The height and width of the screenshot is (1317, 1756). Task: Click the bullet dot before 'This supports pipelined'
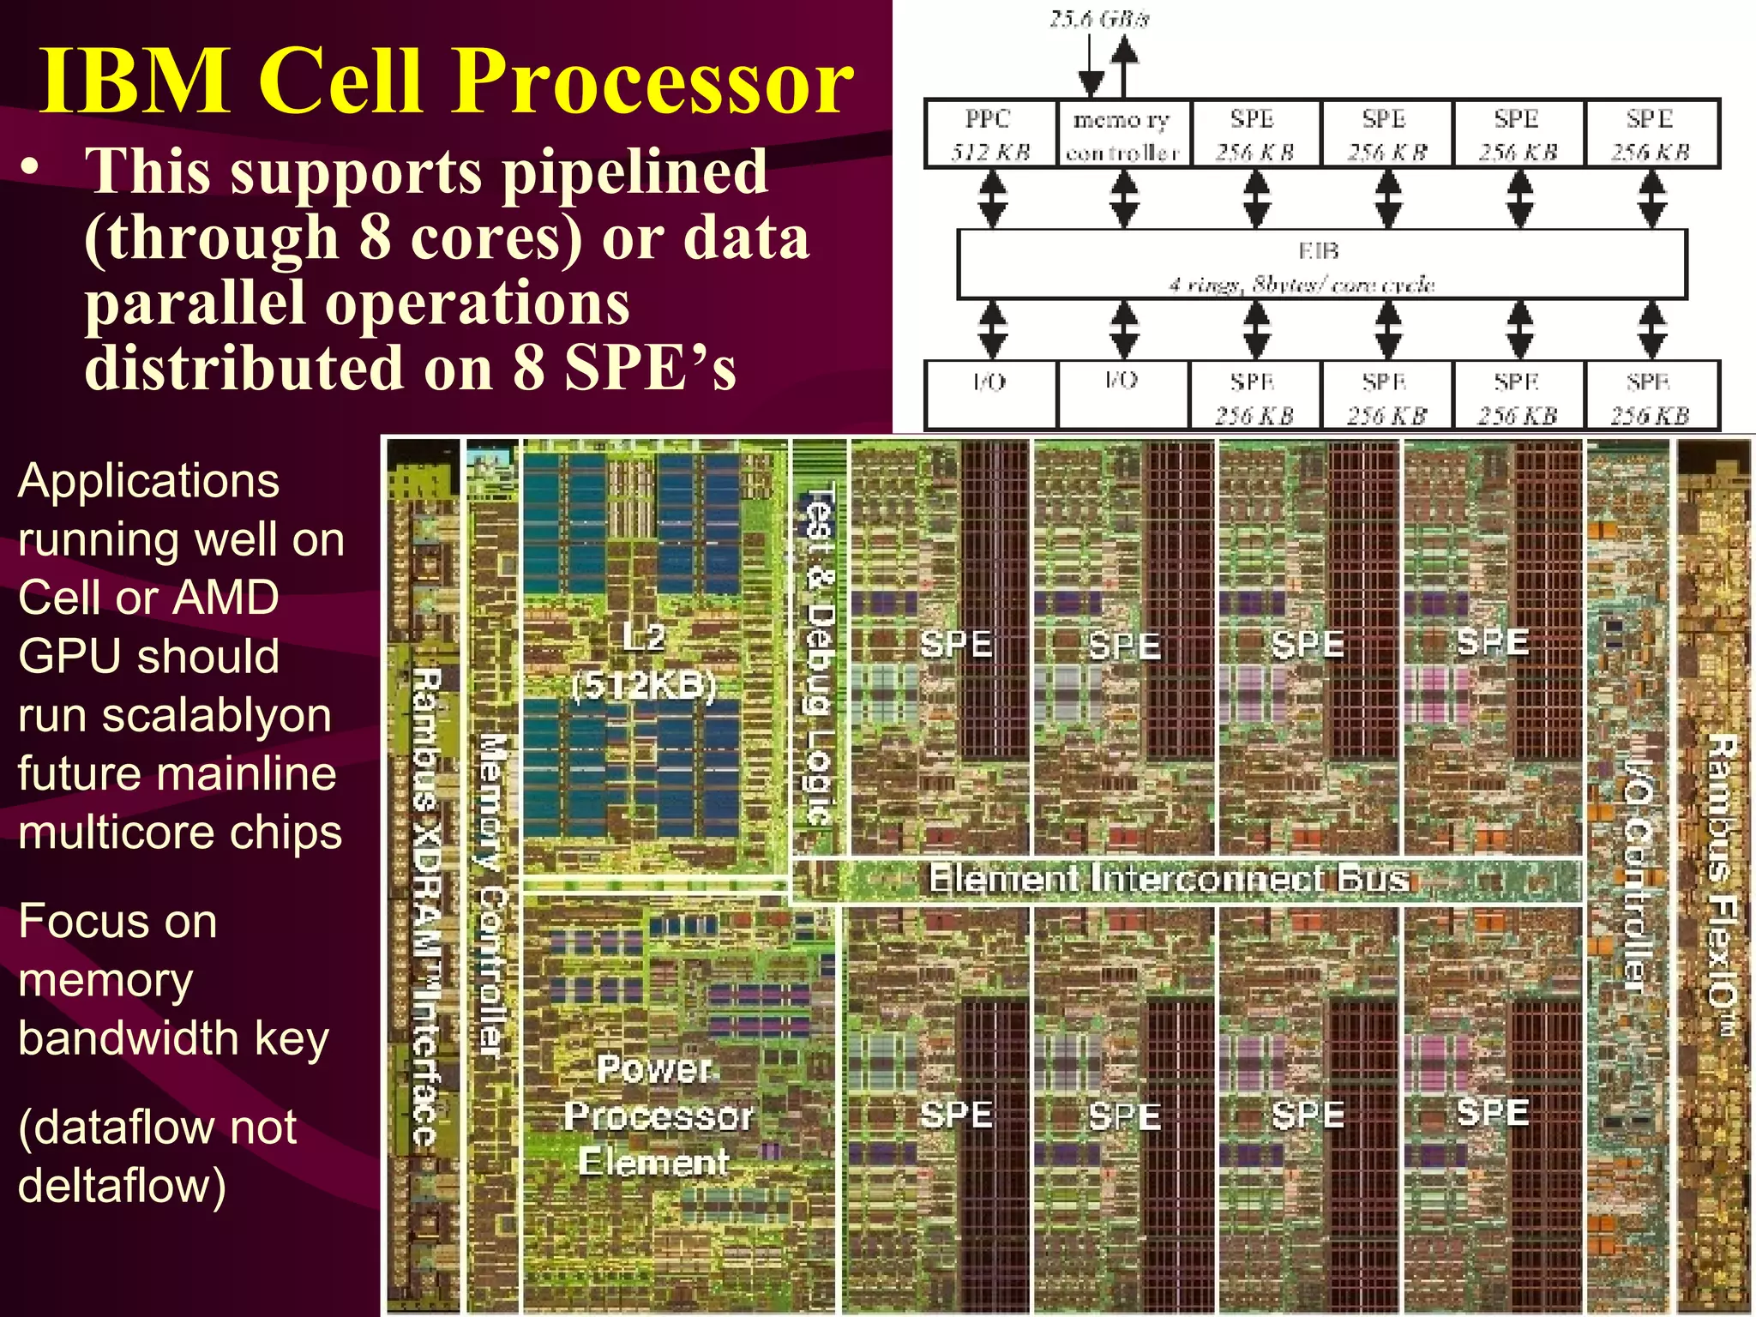click(x=31, y=168)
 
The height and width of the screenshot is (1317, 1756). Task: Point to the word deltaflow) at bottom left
click(x=122, y=1186)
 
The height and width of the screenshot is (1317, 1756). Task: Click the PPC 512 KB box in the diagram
click(x=990, y=135)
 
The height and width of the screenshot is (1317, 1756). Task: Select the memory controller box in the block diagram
click(x=1122, y=135)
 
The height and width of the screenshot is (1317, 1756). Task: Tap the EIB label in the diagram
click(x=1319, y=251)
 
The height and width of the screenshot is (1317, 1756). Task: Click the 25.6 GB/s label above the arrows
click(x=1099, y=19)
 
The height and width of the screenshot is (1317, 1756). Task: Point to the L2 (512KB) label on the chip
click(x=644, y=662)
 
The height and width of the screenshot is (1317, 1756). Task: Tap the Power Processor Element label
click(x=656, y=1116)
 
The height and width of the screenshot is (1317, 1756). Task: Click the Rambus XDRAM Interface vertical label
click(x=427, y=905)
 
